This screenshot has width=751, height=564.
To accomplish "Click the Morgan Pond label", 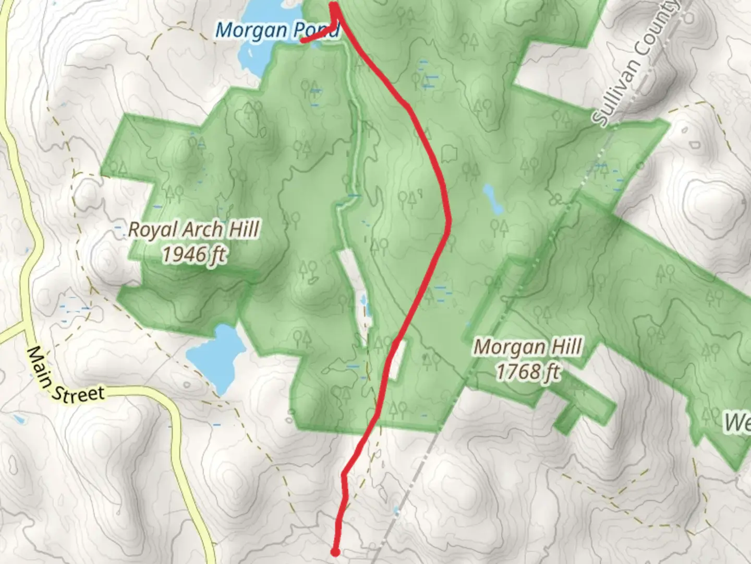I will (x=277, y=30).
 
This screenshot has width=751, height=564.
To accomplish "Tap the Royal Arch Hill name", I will (x=193, y=230).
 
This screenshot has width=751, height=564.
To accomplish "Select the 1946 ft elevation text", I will (x=193, y=255).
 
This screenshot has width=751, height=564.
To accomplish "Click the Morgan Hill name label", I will (x=527, y=347).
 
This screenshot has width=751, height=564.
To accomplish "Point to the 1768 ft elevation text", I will (x=527, y=372).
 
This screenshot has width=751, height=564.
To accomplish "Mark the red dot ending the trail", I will (x=335, y=551).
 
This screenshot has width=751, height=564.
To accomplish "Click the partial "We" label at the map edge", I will (x=737, y=422).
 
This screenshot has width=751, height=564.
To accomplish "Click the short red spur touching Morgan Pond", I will (x=318, y=35).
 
